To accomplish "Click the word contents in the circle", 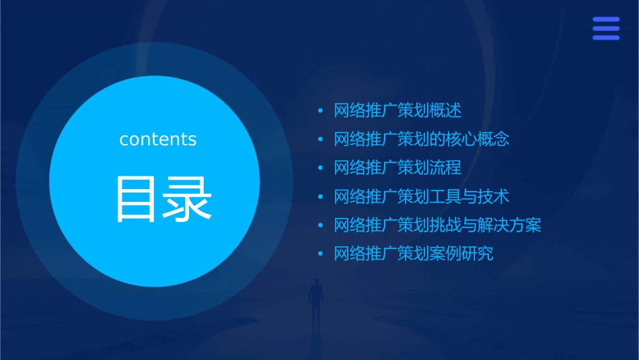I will click(158, 139).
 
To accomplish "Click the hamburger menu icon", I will click(606, 28).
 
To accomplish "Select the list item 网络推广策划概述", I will click(398, 110).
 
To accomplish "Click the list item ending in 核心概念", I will click(422, 139).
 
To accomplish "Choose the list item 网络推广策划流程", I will click(398, 168).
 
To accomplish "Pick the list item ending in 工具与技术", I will click(422, 196).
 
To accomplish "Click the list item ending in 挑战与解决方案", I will click(437, 225).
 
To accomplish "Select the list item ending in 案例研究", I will click(414, 254).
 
